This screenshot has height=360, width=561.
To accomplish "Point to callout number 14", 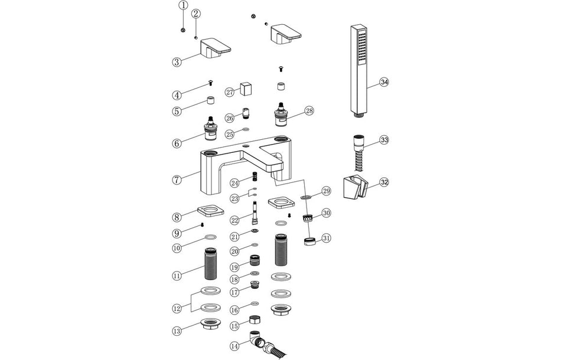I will point(235,345).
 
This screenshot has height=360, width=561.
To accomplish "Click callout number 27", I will point(230,92).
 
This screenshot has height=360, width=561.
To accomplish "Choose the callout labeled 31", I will point(327,239).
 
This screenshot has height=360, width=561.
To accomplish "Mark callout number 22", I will point(234,220).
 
